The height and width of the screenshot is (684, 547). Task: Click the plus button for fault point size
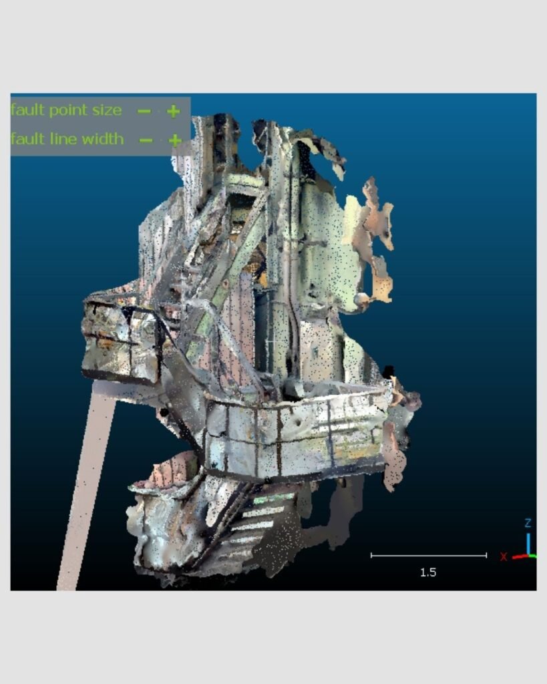tap(173, 112)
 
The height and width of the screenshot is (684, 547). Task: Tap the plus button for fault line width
tap(175, 140)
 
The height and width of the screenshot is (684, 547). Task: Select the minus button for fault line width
tap(146, 140)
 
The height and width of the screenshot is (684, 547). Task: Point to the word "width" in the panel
tap(103, 139)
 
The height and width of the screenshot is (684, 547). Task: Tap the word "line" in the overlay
tap(65, 139)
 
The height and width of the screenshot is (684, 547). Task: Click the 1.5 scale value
tap(428, 572)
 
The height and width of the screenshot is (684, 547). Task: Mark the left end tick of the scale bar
tap(371, 555)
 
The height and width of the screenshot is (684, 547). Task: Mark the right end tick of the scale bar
tap(486, 555)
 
